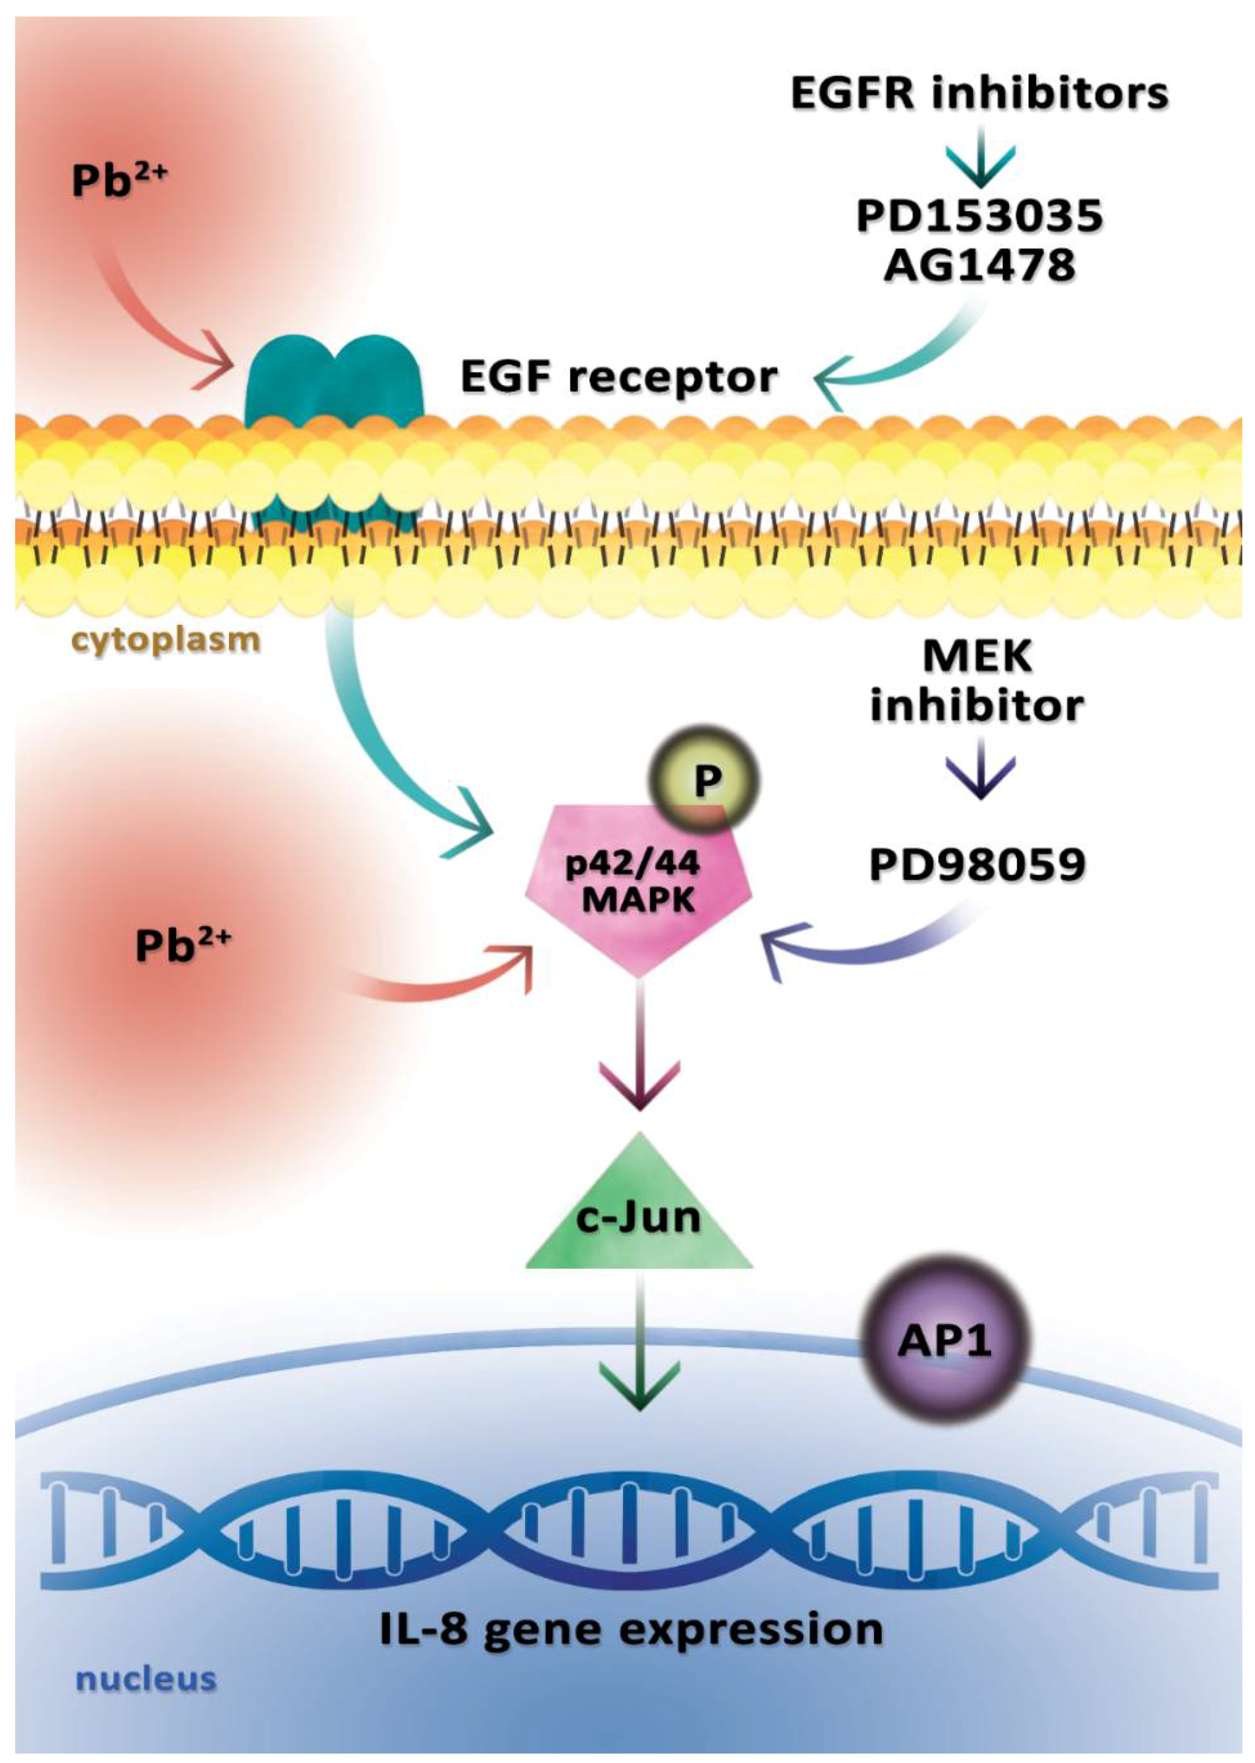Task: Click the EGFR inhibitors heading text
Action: (x=979, y=93)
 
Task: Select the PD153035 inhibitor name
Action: (x=979, y=216)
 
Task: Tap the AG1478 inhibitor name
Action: (x=979, y=265)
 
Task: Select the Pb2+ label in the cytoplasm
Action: (x=183, y=945)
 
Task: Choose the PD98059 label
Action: (x=977, y=865)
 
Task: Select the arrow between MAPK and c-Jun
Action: (x=639, y=1052)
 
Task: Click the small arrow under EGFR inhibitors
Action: (x=980, y=159)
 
